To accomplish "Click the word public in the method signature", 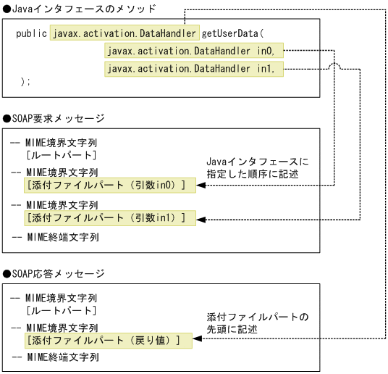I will tap(31, 34).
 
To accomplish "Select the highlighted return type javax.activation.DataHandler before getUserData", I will tap(125, 34).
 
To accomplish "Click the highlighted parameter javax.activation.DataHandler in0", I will tap(195, 51).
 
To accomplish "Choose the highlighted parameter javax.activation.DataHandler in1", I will tap(195, 69).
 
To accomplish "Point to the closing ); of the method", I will tap(25, 81).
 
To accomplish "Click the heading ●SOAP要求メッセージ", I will tap(54, 118).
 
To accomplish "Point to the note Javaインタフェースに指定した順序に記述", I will tap(257, 168).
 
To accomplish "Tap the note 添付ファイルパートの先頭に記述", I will tap(257, 323).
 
